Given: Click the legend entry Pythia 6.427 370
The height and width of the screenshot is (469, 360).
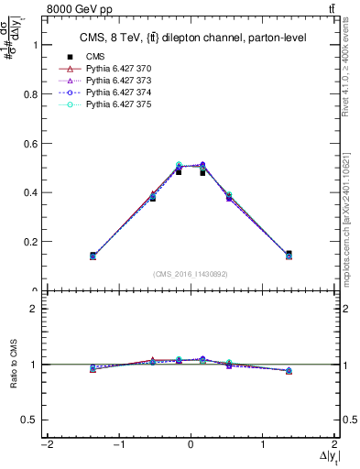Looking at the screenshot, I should click(x=118, y=69).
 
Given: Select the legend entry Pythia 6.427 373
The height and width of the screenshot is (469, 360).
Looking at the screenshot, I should click(x=118, y=81).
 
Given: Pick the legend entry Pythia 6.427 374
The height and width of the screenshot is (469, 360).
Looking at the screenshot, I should click(x=118, y=93).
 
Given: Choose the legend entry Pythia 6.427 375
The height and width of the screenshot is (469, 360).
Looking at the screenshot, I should click(x=118, y=104).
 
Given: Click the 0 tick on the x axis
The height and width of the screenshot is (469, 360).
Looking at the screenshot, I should click(x=191, y=445).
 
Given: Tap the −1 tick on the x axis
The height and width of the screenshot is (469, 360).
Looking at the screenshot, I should click(x=118, y=445).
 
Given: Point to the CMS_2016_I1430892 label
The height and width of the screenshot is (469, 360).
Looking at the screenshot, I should click(x=191, y=274).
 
